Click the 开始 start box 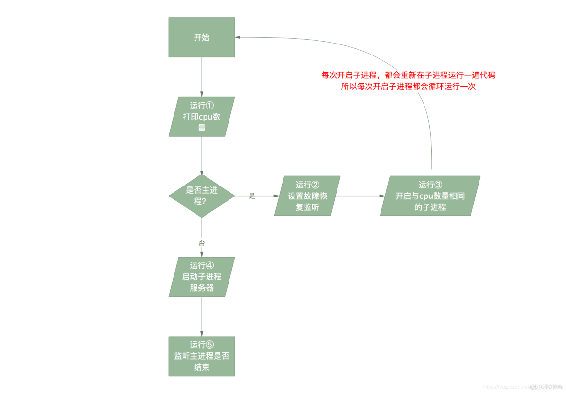point(202,37)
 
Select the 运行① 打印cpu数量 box point(202,117)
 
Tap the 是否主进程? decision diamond point(202,196)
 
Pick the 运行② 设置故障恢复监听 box point(307,196)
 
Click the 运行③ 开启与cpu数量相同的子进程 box point(430,196)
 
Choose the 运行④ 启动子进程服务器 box point(202,277)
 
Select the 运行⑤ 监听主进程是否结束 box point(202,356)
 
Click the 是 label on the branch point(252,196)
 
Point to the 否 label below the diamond point(202,242)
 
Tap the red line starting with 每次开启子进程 point(408,76)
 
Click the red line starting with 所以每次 point(408,87)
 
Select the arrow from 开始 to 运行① point(202,76)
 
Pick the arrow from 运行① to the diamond point(202,155)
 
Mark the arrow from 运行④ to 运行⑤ point(202,317)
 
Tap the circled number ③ point(438,185)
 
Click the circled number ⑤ point(209,345)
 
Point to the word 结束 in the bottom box point(202,368)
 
